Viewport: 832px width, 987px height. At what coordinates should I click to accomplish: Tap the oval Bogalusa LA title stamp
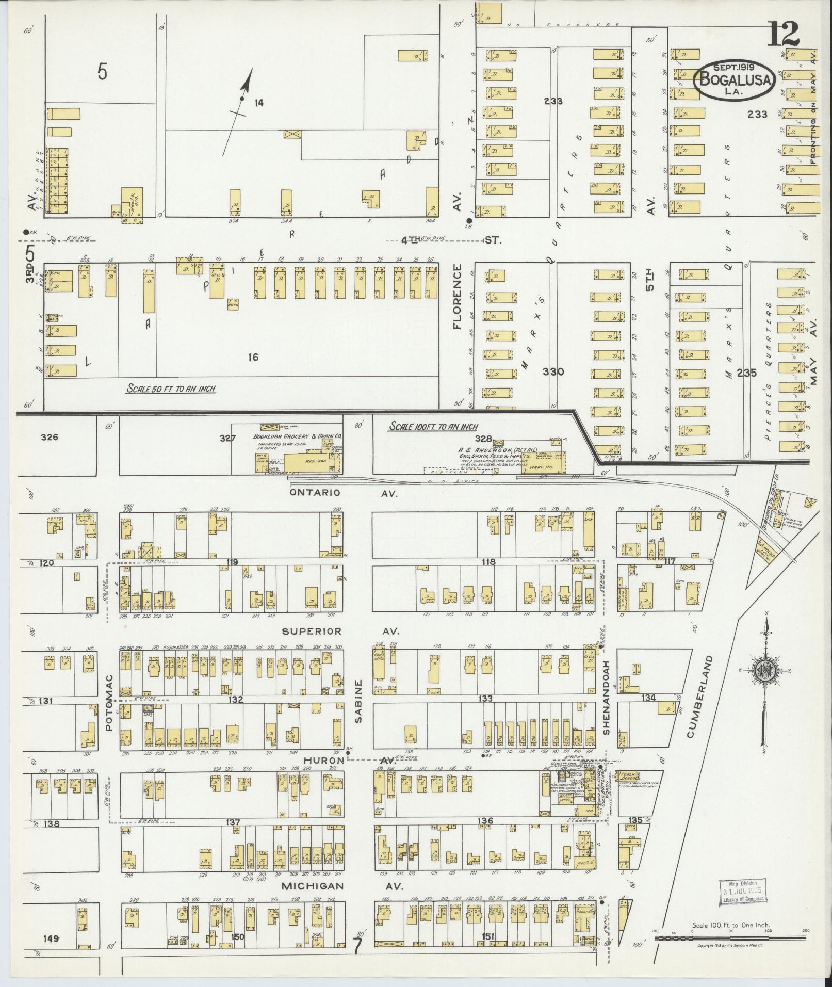pyautogui.click(x=734, y=81)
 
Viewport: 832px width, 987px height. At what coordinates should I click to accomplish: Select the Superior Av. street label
pyautogui.click(x=341, y=631)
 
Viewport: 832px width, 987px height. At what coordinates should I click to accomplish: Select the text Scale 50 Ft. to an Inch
pyautogui.click(x=171, y=389)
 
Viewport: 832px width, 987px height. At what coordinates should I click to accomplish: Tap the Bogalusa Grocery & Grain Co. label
pyautogui.click(x=298, y=436)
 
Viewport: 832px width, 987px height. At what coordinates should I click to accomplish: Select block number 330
pyautogui.click(x=553, y=371)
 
